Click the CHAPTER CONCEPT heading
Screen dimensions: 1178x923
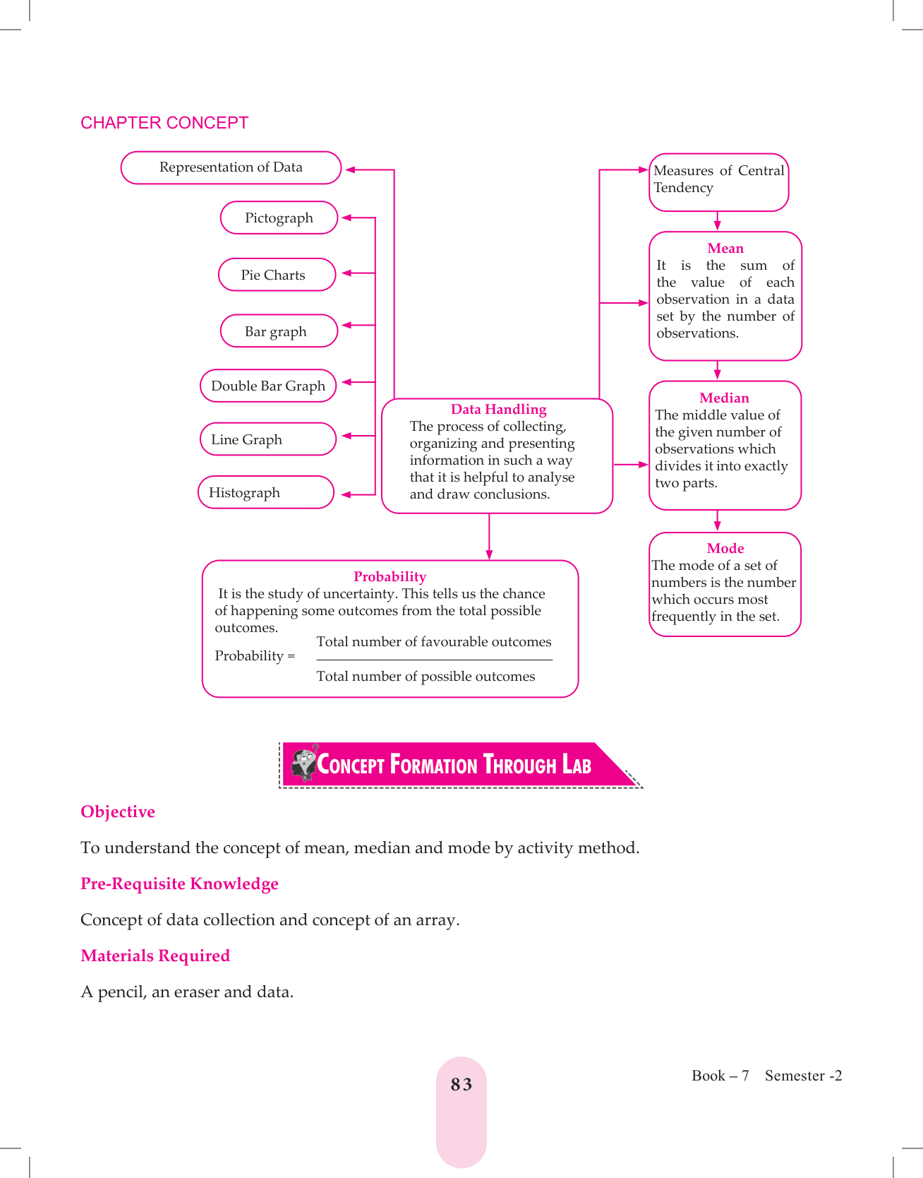164,123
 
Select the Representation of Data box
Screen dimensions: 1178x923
231,168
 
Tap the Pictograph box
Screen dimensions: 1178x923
279,218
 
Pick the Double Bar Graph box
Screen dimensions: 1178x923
268,386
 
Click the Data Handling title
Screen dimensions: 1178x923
498,410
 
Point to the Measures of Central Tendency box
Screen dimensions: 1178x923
718,182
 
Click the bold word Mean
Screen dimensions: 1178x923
725,249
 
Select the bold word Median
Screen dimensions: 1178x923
724,398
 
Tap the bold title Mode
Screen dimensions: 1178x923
725,549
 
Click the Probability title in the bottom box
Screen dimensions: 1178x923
390,577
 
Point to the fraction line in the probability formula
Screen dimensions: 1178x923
434,660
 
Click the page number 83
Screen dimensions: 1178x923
461,1085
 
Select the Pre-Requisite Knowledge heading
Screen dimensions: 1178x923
179,884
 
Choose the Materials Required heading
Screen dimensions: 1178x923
155,956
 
